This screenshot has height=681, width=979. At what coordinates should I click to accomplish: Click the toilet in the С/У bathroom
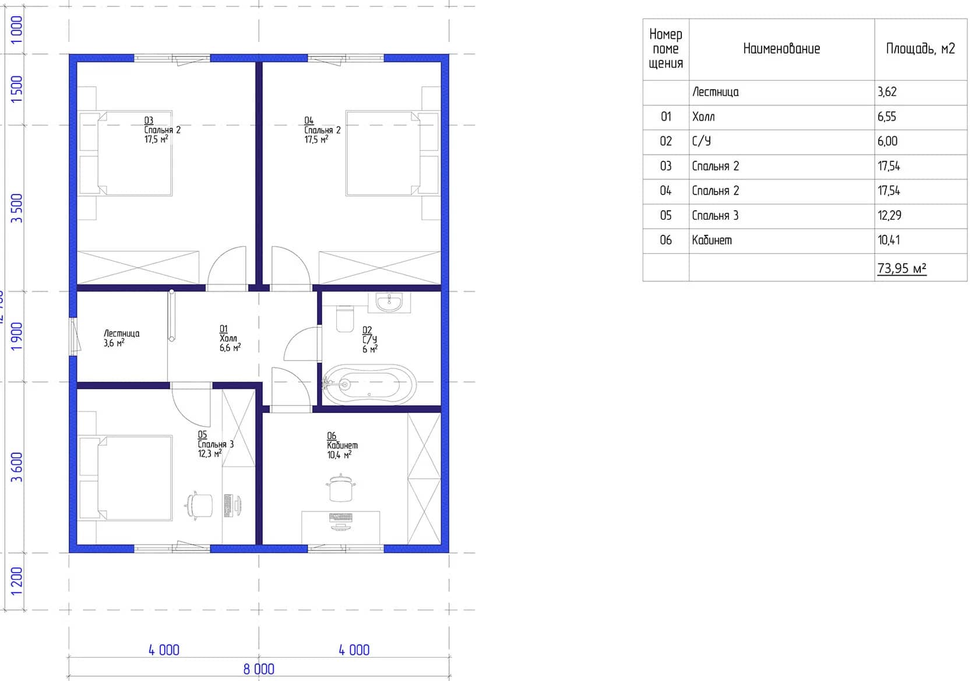point(345,319)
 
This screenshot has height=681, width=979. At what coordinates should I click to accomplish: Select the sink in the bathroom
point(389,303)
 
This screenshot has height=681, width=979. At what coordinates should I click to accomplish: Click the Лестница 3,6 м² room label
point(121,338)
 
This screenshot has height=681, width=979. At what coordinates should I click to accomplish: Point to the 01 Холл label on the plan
point(230,338)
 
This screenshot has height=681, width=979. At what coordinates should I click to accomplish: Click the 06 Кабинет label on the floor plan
point(342,446)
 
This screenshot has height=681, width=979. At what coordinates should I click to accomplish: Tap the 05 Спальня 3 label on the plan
point(216,444)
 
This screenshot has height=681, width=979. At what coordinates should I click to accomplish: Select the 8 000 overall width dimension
point(259,669)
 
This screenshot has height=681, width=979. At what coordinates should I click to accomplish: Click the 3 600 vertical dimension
point(16,467)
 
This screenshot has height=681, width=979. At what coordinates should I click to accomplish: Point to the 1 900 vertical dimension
point(16,336)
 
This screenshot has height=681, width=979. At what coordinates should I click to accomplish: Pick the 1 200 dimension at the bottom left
point(16,581)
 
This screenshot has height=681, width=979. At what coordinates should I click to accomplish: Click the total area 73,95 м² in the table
point(901,268)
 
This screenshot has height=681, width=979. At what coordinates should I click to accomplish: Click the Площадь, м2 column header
point(921,48)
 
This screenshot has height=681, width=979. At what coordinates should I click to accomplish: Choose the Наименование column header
point(781,48)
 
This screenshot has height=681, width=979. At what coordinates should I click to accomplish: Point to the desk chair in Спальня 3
point(199,506)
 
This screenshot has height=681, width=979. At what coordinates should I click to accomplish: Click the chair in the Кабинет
point(341,488)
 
